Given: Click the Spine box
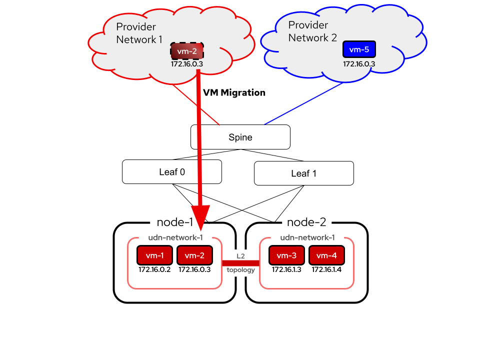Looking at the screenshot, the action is [x=240, y=137].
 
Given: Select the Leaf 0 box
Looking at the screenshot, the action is [x=171, y=171].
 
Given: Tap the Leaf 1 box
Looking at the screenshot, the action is [x=304, y=173].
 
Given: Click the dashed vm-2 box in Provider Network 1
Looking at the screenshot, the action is [x=187, y=51].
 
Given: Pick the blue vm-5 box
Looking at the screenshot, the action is [x=359, y=49].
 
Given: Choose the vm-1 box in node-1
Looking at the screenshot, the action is [x=154, y=255].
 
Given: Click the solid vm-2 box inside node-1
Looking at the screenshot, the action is [x=194, y=255].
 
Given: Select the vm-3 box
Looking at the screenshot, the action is [x=286, y=255].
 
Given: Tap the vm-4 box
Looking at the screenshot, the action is [x=326, y=255].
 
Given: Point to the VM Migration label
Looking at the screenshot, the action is [x=234, y=92].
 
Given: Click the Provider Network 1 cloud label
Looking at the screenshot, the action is [x=139, y=33].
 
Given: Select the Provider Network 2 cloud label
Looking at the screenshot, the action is [x=312, y=31].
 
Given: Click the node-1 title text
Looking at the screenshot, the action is [x=175, y=222].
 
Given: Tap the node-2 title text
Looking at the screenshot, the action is [x=306, y=222].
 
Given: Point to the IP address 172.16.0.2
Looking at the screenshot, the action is [x=154, y=269].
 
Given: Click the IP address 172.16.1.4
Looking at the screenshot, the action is [x=326, y=269].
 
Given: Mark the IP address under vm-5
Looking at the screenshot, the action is [x=359, y=64].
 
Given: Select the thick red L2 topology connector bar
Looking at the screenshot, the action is [x=240, y=263].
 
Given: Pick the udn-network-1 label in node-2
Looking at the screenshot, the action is [x=307, y=237].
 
